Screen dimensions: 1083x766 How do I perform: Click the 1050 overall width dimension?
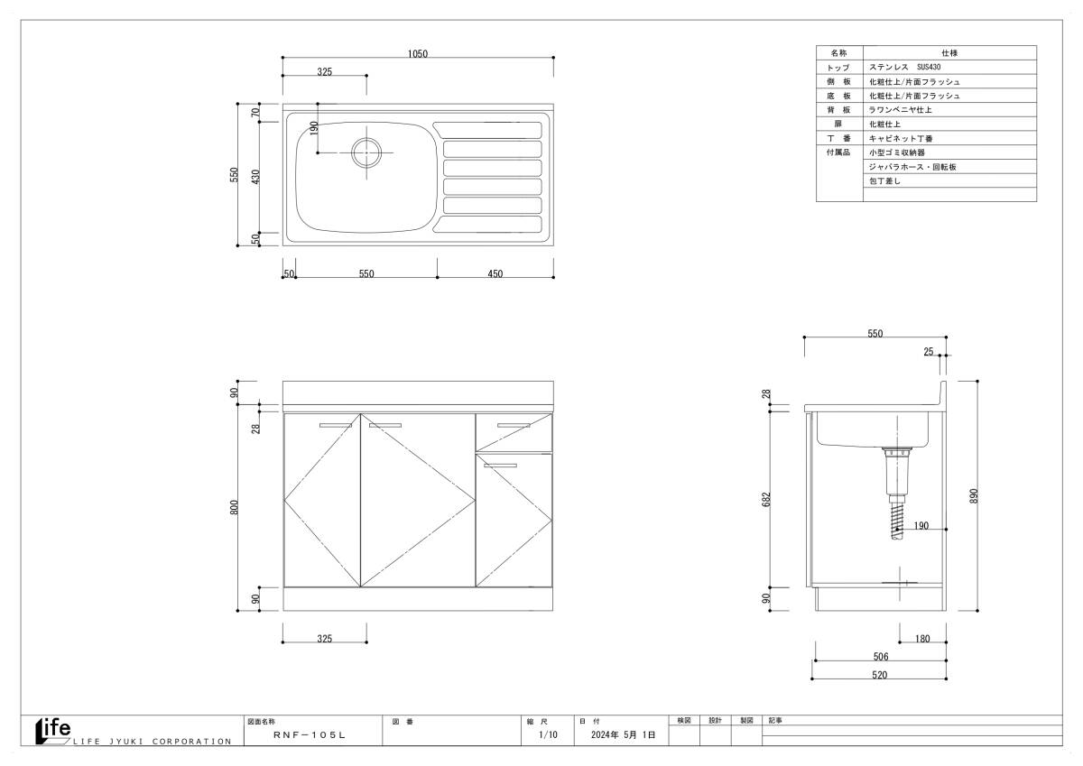pos(417,53)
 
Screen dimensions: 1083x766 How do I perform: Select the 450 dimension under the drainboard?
pos(495,274)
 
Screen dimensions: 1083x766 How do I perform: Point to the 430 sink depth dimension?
pos(255,177)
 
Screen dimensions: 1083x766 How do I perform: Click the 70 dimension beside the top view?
pos(255,112)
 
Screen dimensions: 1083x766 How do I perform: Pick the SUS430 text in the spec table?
pos(929,67)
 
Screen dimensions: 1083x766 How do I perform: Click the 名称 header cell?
pos(838,52)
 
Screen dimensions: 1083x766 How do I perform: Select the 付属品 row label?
pos(838,152)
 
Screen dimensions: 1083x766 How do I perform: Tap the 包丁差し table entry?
pos(884,180)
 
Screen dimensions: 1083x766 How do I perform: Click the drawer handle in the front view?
pos(514,426)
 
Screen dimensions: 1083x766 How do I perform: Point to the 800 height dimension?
pos(234,507)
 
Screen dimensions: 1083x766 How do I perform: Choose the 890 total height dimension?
pos(974,496)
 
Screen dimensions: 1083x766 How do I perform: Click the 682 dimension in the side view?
pos(766,499)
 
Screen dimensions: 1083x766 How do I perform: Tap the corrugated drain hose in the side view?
pos(897,521)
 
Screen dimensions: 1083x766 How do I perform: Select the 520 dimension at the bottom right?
pos(879,675)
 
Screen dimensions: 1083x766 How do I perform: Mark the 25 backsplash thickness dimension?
pos(929,352)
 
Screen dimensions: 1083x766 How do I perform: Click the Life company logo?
pos(53,731)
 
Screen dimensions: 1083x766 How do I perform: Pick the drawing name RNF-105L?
pos(310,735)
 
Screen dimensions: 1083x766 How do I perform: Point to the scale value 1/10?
pos(549,734)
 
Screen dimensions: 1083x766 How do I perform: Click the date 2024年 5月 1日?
pos(624,734)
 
